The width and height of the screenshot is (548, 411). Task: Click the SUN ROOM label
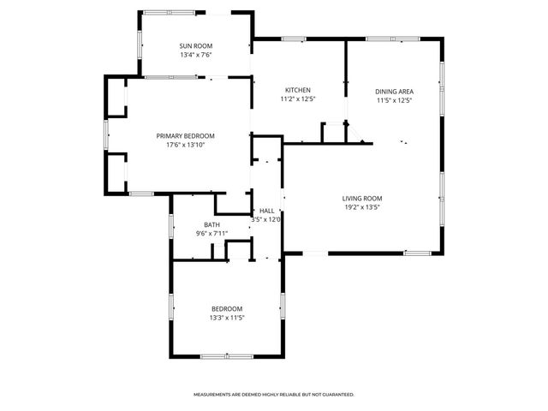click(x=196, y=46)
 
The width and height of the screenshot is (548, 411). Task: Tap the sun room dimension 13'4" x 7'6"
click(x=196, y=55)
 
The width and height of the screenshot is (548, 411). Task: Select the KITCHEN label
click(x=297, y=91)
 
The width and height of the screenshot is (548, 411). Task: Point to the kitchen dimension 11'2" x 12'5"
click(x=297, y=99)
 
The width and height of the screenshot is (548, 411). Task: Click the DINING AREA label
click(x=395, y=91)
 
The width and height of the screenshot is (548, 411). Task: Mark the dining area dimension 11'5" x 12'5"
click(x=395, y=99)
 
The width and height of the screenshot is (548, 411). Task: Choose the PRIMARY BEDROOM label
click(x=185, y=135)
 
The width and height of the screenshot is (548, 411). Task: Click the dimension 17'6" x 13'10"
click(x=185, y=145)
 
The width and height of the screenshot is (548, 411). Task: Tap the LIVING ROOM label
click(x=361, y=198)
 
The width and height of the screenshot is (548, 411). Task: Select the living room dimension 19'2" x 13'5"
click(x=361, y=206)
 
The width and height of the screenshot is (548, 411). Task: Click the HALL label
click(x=266, y=210)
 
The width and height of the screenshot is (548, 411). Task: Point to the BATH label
click(x=211, y=224)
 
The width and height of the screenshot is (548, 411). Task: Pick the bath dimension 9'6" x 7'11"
click(x=211, y=233)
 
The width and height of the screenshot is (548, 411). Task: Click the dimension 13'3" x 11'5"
click(x=227, y=318)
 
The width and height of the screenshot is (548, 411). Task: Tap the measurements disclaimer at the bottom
click(x=274, y=395)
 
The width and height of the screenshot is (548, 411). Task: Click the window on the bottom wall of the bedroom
click(x=227, y=355)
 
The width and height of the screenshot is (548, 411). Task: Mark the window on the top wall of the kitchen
click(x=294, y=39)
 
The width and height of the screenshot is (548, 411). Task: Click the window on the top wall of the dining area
click(x=379, y=39)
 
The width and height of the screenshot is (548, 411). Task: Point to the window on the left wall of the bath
click(x=172, y=226)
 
